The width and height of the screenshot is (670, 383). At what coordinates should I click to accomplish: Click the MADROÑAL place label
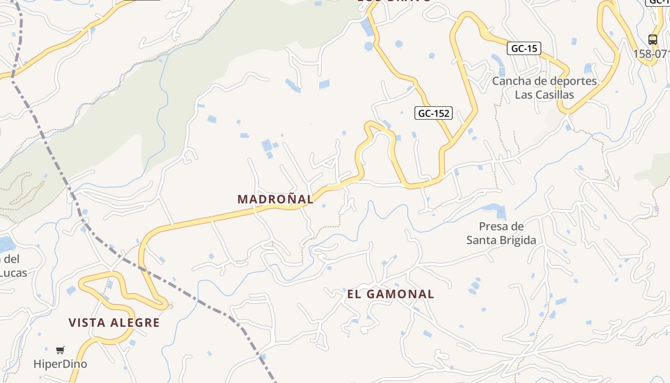click(x=276, y=199)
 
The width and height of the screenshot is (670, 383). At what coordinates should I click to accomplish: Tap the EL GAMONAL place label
click(x=391, y=294)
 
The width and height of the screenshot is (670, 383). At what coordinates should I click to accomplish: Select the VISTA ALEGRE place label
click(x=114, y=323)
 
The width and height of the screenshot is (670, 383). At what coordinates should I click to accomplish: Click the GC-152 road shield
click(x=434, y=113)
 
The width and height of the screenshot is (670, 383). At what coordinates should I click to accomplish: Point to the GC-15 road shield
click(x=524, y=48)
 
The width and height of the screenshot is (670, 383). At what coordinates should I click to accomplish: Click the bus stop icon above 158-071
click(x=652, y=39)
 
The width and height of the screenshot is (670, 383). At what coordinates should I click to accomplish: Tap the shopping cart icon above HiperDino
click(x=60, y=350)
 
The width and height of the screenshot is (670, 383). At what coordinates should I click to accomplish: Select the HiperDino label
click(x=60, y=364)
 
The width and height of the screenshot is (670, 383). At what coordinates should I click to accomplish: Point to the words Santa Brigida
click(x=501, y=240)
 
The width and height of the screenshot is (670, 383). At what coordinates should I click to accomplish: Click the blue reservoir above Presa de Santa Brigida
click(x=493, y=209)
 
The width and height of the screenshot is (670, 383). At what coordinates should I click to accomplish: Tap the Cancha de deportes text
click(x=544, y=81)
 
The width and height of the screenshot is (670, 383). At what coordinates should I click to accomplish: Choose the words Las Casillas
click(x=544, y=95)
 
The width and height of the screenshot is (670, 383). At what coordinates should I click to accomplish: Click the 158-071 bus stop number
click(x=651, y=54)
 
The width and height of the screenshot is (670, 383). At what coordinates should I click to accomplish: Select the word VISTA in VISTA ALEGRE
click(x=87, y=323)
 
